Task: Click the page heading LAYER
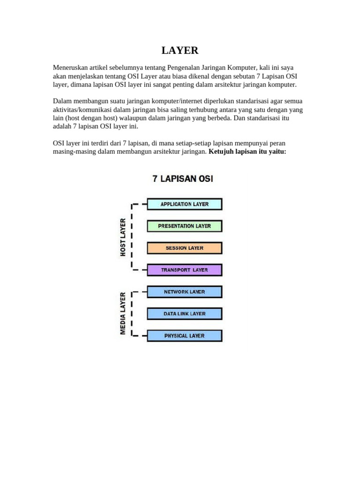[180, 51]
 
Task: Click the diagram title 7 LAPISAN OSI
[183, 179]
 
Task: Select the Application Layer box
[184, 204]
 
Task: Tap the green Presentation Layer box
[184, 226]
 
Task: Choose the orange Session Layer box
[184, 248]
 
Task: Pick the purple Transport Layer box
[184, 270]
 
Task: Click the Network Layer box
[184, 292]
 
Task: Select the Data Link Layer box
[184, 314]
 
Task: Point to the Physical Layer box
[184, 336]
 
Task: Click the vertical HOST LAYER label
[123, 237]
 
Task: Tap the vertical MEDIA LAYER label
[123, 313]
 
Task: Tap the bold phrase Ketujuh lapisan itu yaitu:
[247, 152]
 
